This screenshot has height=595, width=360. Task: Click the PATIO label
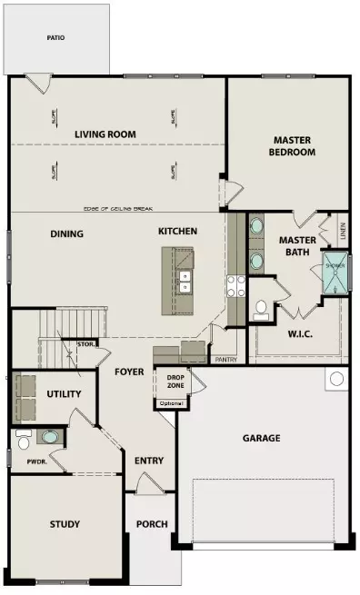click(56, 39)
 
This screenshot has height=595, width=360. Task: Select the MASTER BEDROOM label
click(294, 146)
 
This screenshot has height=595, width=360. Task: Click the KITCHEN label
click(177, 232)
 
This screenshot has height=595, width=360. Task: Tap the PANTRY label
click(225, 360)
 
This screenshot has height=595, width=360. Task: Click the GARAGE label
click(261, 438)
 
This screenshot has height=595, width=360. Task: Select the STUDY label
click(65, 524)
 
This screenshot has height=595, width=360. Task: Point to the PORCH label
click(151, 524)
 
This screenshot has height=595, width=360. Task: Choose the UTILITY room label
click(64, 394)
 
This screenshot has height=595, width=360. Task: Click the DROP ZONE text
click(175, 382)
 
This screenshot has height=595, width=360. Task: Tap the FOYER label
click(129, 372)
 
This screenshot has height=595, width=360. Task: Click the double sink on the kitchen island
click(185, 283)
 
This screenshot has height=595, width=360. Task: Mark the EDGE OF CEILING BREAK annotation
click(115, 210)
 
